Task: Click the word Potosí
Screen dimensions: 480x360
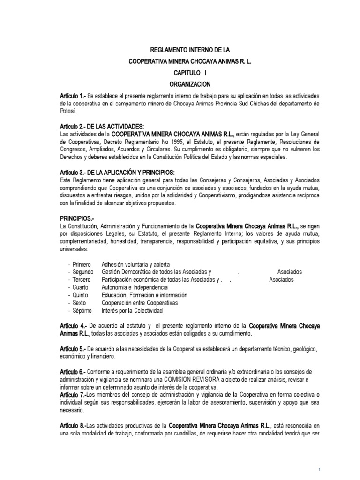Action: click(x=68, y=112)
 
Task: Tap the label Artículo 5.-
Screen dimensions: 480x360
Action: click(x=72, y=349)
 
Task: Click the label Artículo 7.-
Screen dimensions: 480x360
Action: click(x=72, y=395)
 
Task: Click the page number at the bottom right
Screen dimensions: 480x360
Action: click(x=319, y=469)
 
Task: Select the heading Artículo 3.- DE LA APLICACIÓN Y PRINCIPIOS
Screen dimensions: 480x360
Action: click(x=117, y=172)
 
